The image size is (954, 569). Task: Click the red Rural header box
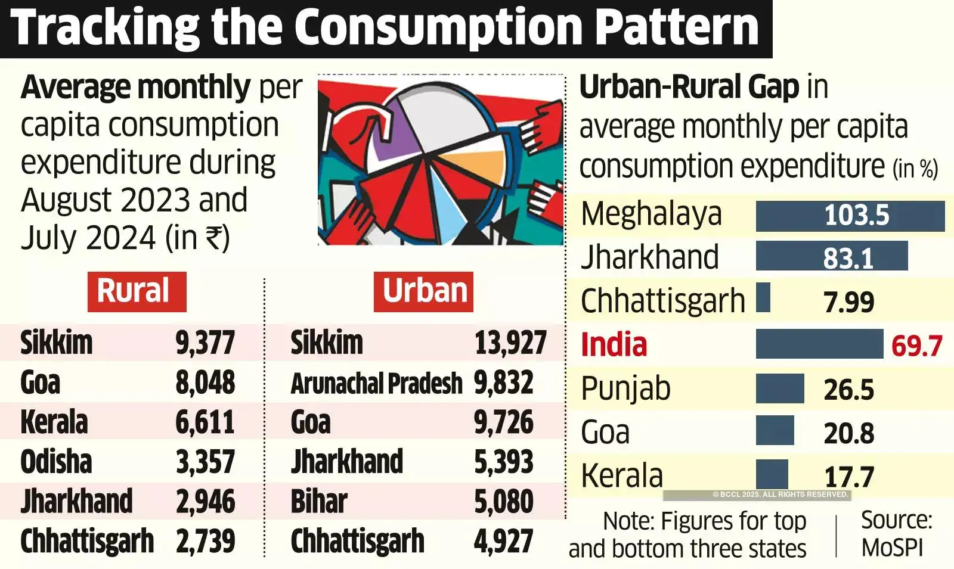137,291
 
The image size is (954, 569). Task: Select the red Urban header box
423,291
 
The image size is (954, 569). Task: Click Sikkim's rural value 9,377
205,343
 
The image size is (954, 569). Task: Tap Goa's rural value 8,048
205,383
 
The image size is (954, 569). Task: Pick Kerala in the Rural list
54,422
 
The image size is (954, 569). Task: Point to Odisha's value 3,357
205,462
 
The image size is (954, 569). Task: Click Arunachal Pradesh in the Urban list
376,383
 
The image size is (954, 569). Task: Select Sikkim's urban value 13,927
510,343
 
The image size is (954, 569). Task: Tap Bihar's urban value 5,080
503,502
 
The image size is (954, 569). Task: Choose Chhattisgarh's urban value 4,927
503,541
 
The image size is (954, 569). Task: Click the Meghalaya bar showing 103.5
850,216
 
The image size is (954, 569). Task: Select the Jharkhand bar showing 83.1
831,257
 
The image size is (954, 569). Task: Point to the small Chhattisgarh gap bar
763,298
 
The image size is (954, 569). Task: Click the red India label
614,345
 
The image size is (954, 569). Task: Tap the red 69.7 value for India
916,346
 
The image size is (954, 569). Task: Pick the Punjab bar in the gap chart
779,388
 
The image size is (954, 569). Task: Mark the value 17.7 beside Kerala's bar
848,477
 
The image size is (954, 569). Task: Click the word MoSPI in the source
892,547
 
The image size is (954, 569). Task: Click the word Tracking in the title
105,27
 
